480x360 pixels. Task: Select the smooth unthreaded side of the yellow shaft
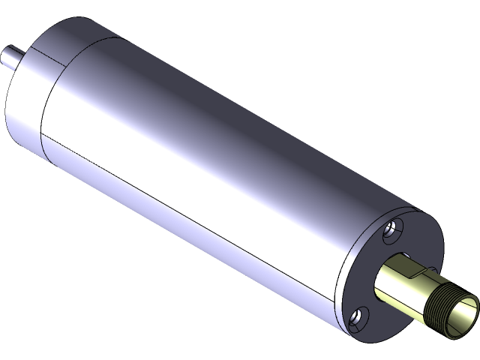pos(401,288)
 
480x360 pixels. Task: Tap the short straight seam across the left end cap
pos(60,56)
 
